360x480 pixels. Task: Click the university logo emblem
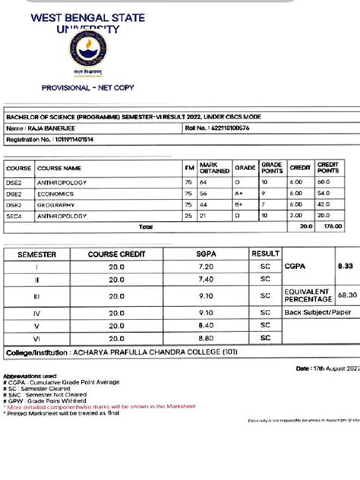(x=88, y=51)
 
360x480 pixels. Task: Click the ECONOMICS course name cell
(x=56, y=194)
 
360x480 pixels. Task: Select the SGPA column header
(x=207, y=254)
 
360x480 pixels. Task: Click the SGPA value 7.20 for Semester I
(x=207, y=267)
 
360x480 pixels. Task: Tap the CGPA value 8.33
(x=346, y=267)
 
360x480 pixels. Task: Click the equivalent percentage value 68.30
(x=346, y=295)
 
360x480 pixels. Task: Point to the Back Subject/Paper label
(x=319, y=312)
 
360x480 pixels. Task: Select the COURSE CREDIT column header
(x=116, y=254)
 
